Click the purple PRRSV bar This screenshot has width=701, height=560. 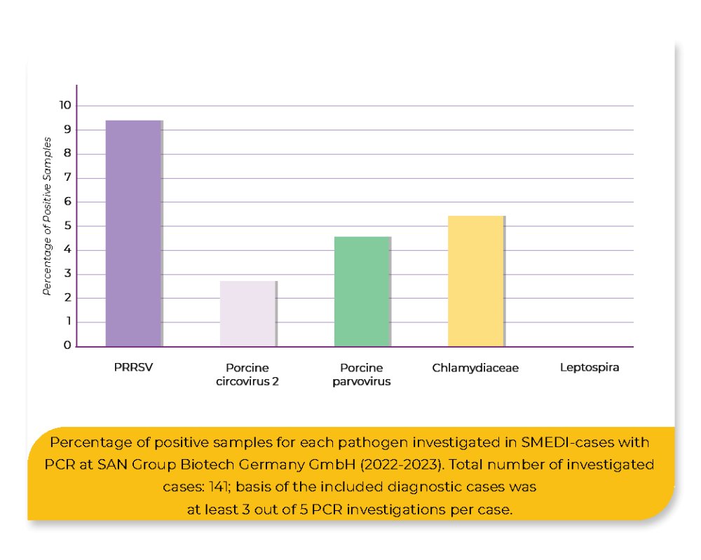pos(133,233)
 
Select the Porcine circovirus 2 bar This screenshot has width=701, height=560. pos(247,313)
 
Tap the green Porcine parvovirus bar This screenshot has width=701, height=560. pos(362,291)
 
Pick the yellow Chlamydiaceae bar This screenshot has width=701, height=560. pos(475,281)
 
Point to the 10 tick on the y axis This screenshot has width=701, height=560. pos(65,105)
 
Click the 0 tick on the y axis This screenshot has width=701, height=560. pos(67,346)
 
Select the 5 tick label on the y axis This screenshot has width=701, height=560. pos(67,226)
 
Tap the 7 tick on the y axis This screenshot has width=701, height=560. pos(67,177)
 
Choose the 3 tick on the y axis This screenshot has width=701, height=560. pos(67,274)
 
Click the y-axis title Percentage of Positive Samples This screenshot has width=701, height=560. pos(47,216)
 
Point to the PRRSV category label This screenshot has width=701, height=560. pos(133,367)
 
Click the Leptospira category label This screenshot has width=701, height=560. pos(590,367)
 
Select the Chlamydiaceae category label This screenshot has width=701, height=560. pos(475,367)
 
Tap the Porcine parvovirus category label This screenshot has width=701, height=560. pos(361,374)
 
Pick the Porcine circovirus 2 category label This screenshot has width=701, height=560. pos(247,374)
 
